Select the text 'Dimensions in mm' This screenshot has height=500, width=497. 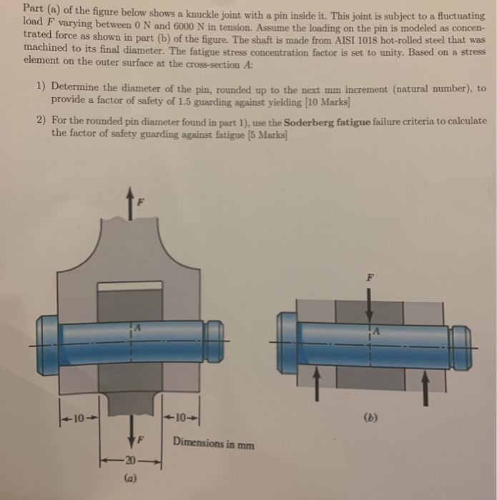tap(212, 444)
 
